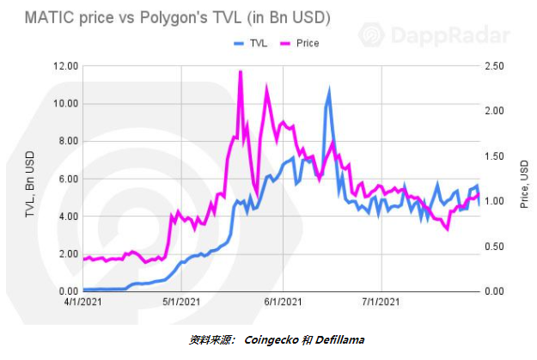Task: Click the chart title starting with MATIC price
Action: tap(178, 18)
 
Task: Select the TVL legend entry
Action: tap(250, 43)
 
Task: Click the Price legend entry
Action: tap(300, 43)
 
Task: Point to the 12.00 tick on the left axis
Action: tap(65, 66)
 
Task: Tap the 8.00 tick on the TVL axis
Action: tap(69, 141)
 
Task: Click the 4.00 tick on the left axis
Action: tap(69, 217)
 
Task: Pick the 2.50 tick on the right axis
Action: tap(494, 66)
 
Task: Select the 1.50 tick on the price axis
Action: tap(494, 156)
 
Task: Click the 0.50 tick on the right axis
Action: tap(494, 247)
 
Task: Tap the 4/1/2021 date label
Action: tap(82, 302)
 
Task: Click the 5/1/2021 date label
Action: tap(181, 302)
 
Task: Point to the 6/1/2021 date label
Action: tap(283, 302)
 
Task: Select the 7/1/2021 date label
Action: tap(381, 302)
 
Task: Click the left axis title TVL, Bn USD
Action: tap(30, 184)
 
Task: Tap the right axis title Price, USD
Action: tap(524, 184)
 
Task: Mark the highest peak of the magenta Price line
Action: tap(241, 71)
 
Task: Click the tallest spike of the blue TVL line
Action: tap(329, 89)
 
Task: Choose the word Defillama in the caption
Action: tap(339, 339)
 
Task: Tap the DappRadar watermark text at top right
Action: tap(450, 35)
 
